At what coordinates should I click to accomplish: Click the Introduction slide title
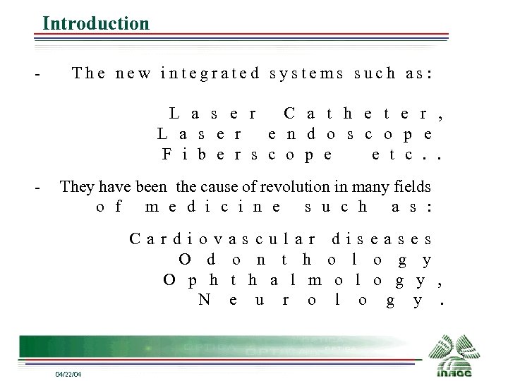point(96,23)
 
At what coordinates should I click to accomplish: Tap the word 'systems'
point(307,73)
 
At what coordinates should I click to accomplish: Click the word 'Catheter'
point(363,114)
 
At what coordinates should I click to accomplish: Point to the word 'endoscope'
point(350,133)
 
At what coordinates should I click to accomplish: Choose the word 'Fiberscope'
point(247,153)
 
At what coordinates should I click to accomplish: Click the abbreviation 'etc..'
point(406,153)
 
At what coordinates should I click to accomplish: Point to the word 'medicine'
point(212,207)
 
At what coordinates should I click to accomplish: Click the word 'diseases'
point(382,239)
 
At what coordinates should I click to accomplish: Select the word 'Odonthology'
point(305,260)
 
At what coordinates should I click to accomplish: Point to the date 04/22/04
point(68,373)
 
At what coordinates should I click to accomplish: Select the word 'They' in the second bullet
point(74,187)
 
